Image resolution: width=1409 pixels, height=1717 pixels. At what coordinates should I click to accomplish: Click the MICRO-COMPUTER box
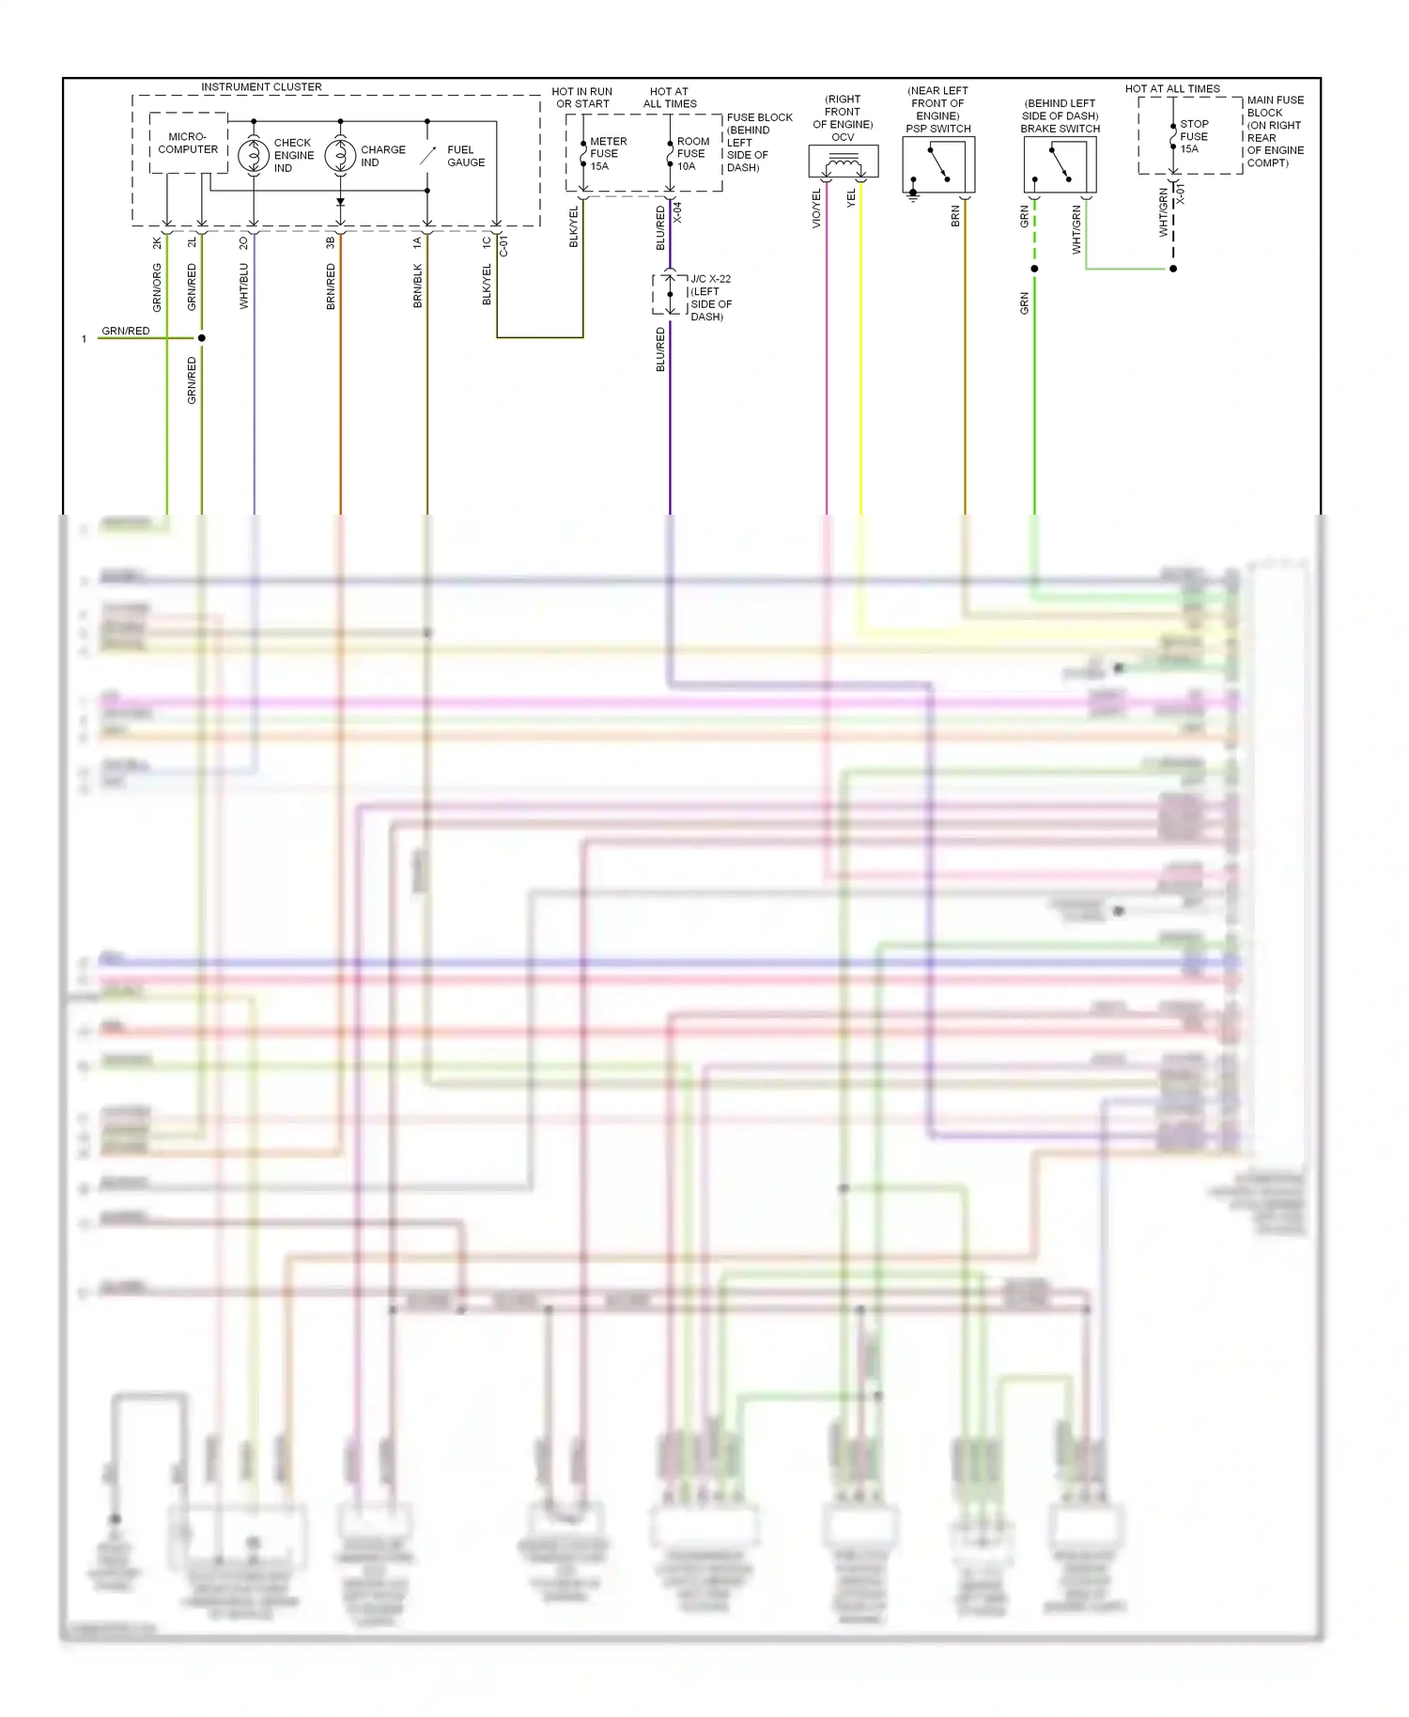click(x=188, y=143)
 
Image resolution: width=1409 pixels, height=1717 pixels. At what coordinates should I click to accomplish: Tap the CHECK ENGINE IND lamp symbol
click(x=253, y=155)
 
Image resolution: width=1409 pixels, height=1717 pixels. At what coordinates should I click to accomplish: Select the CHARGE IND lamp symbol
click(x=340, y=155)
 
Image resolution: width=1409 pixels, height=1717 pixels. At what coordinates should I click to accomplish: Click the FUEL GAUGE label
click(x=465, y=156)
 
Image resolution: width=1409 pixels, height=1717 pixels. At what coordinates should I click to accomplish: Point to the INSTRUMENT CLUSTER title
click(x=261, y=86)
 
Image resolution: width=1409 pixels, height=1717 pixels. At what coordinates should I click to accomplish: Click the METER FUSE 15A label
click(x=607, y=153)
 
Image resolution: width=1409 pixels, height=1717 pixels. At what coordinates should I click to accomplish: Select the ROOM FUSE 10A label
click(x=692, y=153)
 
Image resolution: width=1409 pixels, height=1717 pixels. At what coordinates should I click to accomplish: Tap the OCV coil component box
click(x=843, y=162)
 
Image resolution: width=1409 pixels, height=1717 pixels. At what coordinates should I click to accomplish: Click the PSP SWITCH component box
click(x=938, y=165)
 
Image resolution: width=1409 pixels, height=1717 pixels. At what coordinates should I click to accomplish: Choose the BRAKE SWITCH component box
click(x=1060, y=165)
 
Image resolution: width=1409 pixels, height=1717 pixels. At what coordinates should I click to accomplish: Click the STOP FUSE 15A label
click(x=1193, y=136)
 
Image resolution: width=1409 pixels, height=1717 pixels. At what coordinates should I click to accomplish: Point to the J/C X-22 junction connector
click(x=670, y=294)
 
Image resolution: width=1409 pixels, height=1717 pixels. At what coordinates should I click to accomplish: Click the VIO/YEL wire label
click(x=816, y=209)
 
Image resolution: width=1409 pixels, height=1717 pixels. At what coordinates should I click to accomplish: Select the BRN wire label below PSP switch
click(x=955, y=216)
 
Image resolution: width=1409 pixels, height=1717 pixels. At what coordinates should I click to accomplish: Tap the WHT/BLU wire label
click(x=244, y=286)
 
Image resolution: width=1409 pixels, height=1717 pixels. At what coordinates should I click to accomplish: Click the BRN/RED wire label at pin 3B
click(x=331, y=286)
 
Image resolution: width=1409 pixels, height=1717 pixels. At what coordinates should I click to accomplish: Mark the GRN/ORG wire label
click(x=157, y=287)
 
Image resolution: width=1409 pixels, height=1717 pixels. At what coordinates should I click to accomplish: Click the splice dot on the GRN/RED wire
click(x=202, y=337)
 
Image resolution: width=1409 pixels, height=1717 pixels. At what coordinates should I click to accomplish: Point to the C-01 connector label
click(x=503, y=246)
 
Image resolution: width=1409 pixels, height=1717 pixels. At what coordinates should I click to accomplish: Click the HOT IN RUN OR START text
click(x=582, y=98)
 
